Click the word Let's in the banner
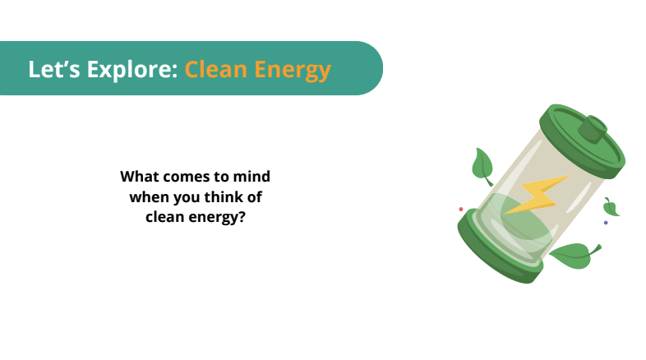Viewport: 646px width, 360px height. (x=54, y=69)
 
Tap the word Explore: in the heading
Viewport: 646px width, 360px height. (x=132, y=70)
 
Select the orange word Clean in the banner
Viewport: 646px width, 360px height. (x=215, y=69)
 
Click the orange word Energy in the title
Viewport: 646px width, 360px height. (x=293, y=70)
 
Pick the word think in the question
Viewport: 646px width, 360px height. (x=223, y=197)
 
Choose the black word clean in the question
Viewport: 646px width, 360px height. (x=164, y=217)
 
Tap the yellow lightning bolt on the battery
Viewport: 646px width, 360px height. (x=538, y=194)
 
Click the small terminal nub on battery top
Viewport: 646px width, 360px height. (x=593, y=129)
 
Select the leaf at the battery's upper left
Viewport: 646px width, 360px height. (x=482, y=166)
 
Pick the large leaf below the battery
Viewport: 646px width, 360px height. (x=574, y=256)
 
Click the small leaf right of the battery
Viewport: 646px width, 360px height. (x=611, y=207)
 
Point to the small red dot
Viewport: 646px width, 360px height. (x=461, y=210)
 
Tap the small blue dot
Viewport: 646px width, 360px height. (x=606, y=223)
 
